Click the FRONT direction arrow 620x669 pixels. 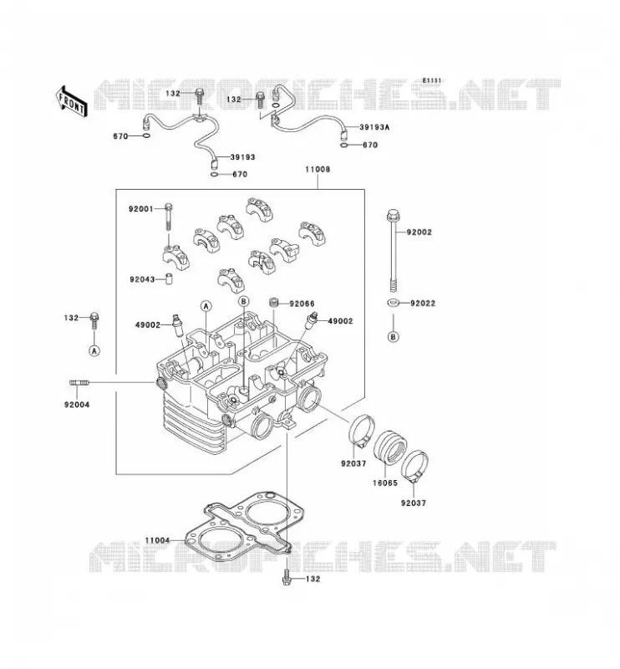tap(72, 101)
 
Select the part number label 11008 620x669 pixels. tap(318, 170)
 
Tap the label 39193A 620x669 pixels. tap(375, 127)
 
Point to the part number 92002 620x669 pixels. tap(419, 232)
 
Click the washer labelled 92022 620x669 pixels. tap(394, 303)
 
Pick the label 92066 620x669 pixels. tap(302, 304)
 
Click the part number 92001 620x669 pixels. tap(141, 209)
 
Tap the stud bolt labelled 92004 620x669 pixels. tap(79, 383)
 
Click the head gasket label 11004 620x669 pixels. tap(157, 540)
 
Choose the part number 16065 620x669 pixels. tap(385, 483)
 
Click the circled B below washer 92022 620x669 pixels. tap(394, 337)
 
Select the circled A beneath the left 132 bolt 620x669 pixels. tap(94, 350)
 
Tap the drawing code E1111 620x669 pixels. tap(432, 80)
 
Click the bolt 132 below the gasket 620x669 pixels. tap(287, 578)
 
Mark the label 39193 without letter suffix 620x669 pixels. tap(242, 157)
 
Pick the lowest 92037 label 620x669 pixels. tap(413, 503)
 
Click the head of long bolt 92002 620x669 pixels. tap(393, 215)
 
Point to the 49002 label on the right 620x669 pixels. tap(340, 321)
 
